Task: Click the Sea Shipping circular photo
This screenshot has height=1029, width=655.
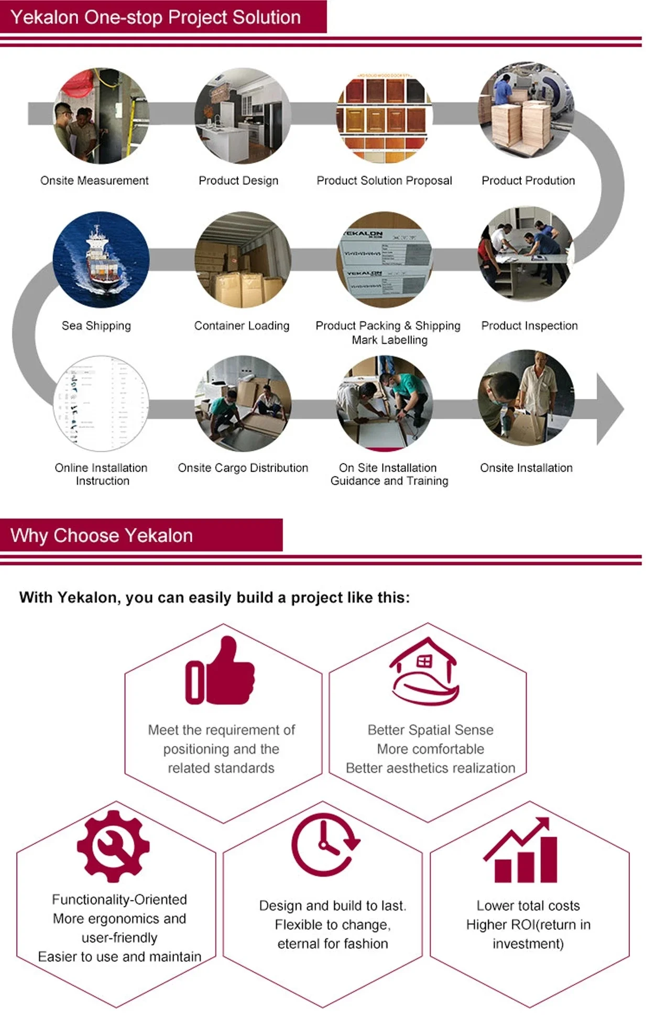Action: (x=101, y=259)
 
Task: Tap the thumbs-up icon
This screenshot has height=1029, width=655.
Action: (x=220, y=671)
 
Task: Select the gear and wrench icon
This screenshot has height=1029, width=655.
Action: (x=113, y=846)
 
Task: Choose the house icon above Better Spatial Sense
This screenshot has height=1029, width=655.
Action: (x=424, y=671)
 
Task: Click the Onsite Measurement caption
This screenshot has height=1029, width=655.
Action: (x=94, y=181)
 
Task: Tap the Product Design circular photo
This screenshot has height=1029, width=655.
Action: (x=243, y=116)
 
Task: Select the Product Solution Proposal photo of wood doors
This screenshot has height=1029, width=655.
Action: (x=385, y=116)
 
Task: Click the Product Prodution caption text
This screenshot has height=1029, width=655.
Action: (x=528, y=181)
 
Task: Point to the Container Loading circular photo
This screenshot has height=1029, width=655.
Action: (x=243, y=259)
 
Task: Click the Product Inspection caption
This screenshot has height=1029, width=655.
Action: (x=529, y=326)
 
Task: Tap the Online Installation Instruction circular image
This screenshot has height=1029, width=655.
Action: (x=101, y=403)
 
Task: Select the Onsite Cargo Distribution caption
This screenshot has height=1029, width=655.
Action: (x=243, y=468)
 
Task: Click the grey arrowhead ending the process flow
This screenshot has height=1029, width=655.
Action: (x=609, y=409)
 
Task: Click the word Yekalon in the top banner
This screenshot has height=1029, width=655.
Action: (x=45, y=17)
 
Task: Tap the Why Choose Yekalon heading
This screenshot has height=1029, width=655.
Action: (x=102, y=535)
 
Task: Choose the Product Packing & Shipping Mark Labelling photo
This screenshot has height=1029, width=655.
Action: (x=385, y=259)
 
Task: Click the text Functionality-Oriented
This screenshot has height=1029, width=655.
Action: (x=119, y=900)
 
